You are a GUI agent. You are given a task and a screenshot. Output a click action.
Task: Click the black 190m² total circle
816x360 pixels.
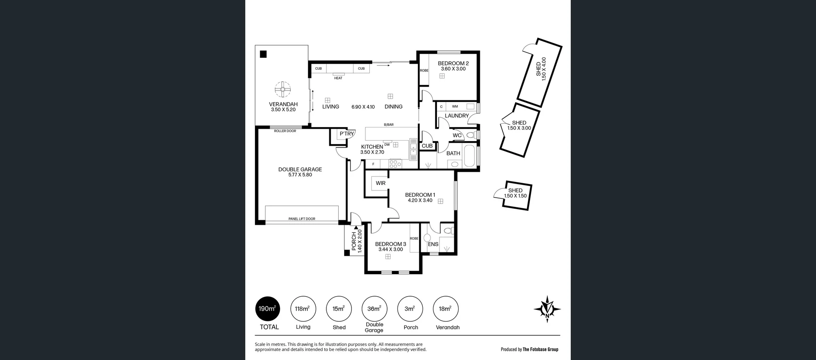(x=267, y=309)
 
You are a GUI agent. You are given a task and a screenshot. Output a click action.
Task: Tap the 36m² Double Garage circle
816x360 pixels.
(x=374, y=309)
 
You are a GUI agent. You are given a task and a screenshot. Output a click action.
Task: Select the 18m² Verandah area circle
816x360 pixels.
(x=445, y=309)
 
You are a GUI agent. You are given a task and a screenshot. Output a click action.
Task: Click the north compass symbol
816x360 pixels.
(x=547, y=309)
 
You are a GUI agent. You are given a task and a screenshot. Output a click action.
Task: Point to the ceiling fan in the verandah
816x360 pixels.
(x=283, y=90)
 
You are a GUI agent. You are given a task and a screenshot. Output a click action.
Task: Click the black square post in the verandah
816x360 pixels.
(x=263, y=54)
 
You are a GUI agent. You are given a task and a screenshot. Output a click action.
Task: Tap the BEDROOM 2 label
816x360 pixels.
(x=453, y=63)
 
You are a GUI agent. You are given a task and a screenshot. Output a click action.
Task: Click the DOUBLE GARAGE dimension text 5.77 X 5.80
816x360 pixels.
(x=300, y=175)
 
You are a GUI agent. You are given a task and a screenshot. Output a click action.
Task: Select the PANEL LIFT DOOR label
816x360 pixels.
(x=302, y=219)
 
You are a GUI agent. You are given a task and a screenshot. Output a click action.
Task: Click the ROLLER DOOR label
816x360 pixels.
(x=285, y=131)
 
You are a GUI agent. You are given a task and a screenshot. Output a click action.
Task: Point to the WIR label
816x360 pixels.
(x=380, y=183)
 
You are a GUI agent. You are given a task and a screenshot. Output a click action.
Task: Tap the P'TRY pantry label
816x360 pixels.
(x=346, y=133)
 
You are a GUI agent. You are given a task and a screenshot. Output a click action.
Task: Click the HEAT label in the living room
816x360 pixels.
(x=338, y=78)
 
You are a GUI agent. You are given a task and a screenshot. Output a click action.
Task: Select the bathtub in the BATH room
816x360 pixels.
(x=470, y=156)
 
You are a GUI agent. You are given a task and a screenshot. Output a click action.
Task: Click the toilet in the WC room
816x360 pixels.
(x=470, y=135)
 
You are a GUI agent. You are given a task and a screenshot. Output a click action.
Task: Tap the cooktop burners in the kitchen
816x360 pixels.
(x=395, y=164)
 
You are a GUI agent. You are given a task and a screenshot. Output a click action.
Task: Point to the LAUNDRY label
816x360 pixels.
(x=456, y=116)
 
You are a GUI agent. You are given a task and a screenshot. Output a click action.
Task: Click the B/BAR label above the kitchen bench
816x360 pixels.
(x=388, y=125)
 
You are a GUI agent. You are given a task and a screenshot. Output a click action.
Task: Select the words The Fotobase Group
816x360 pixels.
(x=540, y=349)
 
